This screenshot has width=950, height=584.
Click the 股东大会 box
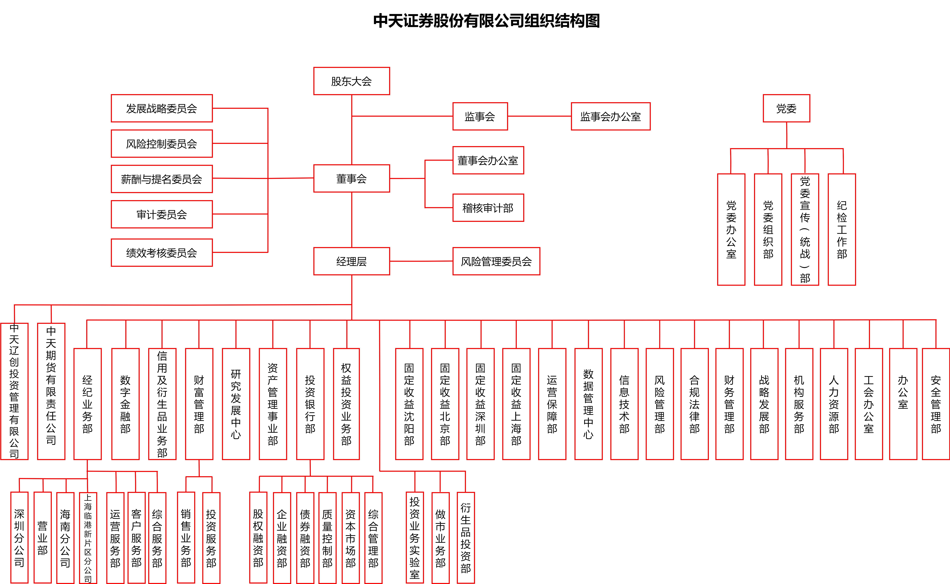(351, 81)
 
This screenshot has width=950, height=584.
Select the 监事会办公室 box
(611, 116)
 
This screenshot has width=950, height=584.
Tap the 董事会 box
(351, 178)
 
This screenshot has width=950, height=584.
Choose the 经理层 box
(351, 261)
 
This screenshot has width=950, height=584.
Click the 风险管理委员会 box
(496, 261)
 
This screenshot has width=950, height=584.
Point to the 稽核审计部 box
(488, 208)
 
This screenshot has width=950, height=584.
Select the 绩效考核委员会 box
(162, 253)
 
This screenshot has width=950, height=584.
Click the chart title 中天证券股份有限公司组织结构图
(486, 21)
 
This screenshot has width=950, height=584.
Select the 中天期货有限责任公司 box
(51, 391)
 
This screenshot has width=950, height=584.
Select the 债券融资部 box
(305, 538)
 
